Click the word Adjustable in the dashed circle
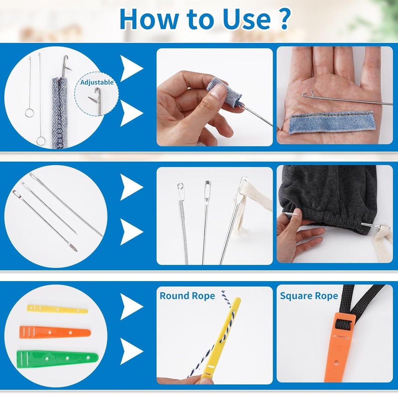(97, 82)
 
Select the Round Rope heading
(187, 296)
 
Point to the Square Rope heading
(309, 296)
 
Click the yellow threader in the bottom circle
(57, 309)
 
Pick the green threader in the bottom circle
(57, 359)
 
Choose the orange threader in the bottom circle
(55, 332)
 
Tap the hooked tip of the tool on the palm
(306, 95)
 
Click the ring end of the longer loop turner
(41, 140)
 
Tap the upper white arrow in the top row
(131, 69)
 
